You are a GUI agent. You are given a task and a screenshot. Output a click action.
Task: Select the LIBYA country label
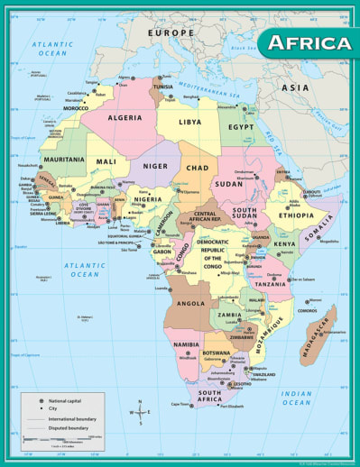[x=190, y=121]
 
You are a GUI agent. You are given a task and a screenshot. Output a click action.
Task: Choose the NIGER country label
[x=155, y=166]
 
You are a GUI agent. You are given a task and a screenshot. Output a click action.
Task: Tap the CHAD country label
[x=198, y=168]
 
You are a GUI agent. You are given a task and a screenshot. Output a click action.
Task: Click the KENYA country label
[x=285, y=244]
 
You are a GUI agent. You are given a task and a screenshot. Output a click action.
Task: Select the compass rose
[x=141, y=410]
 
